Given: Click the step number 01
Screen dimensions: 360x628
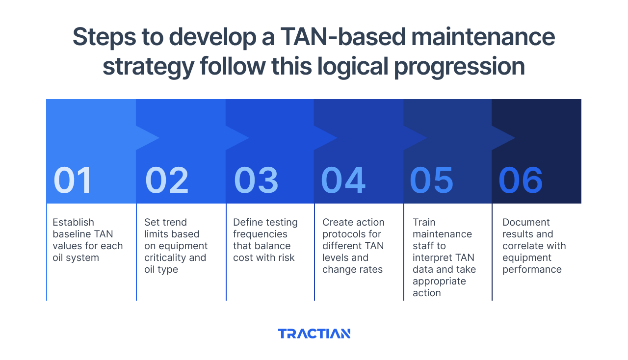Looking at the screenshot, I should pyautogui.click(x=73, y=180).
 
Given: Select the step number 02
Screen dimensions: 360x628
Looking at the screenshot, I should pyautogui.click(x=167, y=180).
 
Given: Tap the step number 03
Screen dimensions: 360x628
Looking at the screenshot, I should pyautogui.click(x=256, y=180).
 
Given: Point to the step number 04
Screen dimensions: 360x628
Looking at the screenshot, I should pyautogui.click(x=343, y=180).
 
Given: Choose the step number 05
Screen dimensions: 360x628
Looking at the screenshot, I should pyautogui.click(x=432, y=180).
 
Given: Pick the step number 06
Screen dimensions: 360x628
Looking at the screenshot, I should pyautogui.click(x=521, y=180).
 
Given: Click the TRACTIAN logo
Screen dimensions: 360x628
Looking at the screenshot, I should pyautogui.click(x=314, y=334).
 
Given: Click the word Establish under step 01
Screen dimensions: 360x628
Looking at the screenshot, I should pyautogui.click(x=73, y=222).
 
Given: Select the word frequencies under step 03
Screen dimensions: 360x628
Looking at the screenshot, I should pyautogui.click(x=260, y=234).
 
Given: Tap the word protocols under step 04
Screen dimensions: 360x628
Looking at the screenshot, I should pyautogui.click(x=342, y=234).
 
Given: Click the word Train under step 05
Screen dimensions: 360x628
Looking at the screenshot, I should pyautogui.click(x=424, y=222).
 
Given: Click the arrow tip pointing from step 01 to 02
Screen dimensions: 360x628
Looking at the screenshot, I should pyautogui.click(x=158, y=138).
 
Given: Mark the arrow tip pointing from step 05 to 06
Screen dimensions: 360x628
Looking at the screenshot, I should pyautogui.click(x=514, y=138).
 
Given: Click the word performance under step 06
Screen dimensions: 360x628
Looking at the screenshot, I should pyautogui.click(x=532, y=269).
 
